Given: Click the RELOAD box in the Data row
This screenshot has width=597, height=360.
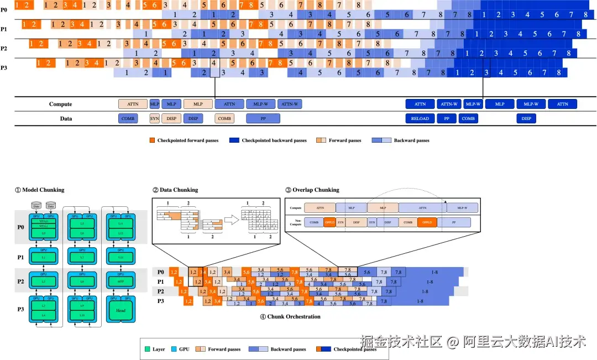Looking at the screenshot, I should click(x=420, y=118).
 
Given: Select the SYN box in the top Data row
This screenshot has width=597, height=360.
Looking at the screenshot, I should click(x=155, y=118).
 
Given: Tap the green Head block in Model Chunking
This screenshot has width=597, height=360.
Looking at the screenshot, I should click(x=121, y=310).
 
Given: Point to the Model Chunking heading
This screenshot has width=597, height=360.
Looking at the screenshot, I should click(x=39, y=190).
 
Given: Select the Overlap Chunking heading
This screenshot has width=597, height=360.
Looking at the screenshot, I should click(x=312, y=190).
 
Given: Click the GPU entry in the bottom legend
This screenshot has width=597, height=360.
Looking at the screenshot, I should click(x=183, y=349).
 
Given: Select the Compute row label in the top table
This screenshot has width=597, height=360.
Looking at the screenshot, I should click(x=60, y=104).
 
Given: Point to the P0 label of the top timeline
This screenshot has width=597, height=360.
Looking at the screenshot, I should click(x=4, y=9).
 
